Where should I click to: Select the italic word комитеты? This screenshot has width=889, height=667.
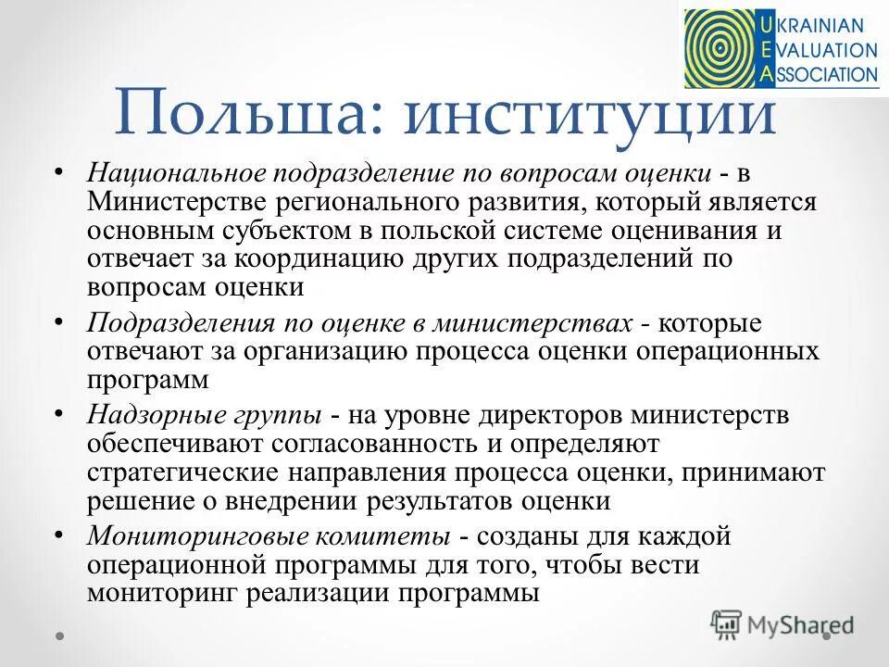click(367, 537)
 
